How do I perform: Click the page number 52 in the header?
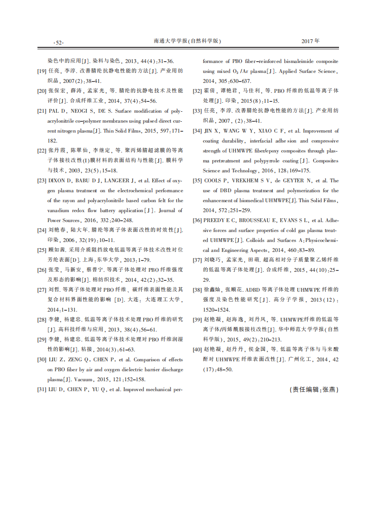(59, 43)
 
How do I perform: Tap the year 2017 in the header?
(308, 41)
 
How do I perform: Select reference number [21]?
(42, 111)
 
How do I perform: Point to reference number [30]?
(42, 359)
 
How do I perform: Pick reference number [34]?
(197, 131)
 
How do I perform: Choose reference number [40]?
(197, 349)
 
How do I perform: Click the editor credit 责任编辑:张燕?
(314, 390)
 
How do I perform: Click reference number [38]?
(197, 289)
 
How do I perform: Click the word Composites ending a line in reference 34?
(326, 161)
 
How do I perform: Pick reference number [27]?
(42, 289)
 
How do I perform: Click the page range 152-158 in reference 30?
(132, 379)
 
